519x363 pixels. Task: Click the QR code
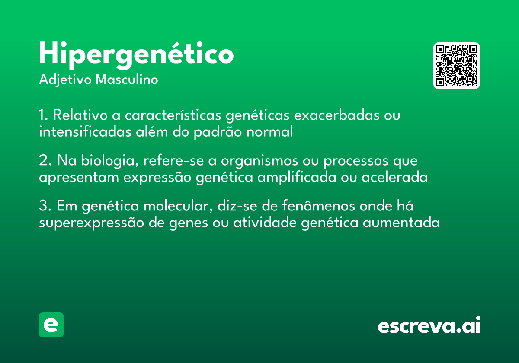457,66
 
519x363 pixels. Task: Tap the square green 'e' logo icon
51,325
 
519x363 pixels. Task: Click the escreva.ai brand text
429,326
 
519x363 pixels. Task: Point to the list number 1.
43,116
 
